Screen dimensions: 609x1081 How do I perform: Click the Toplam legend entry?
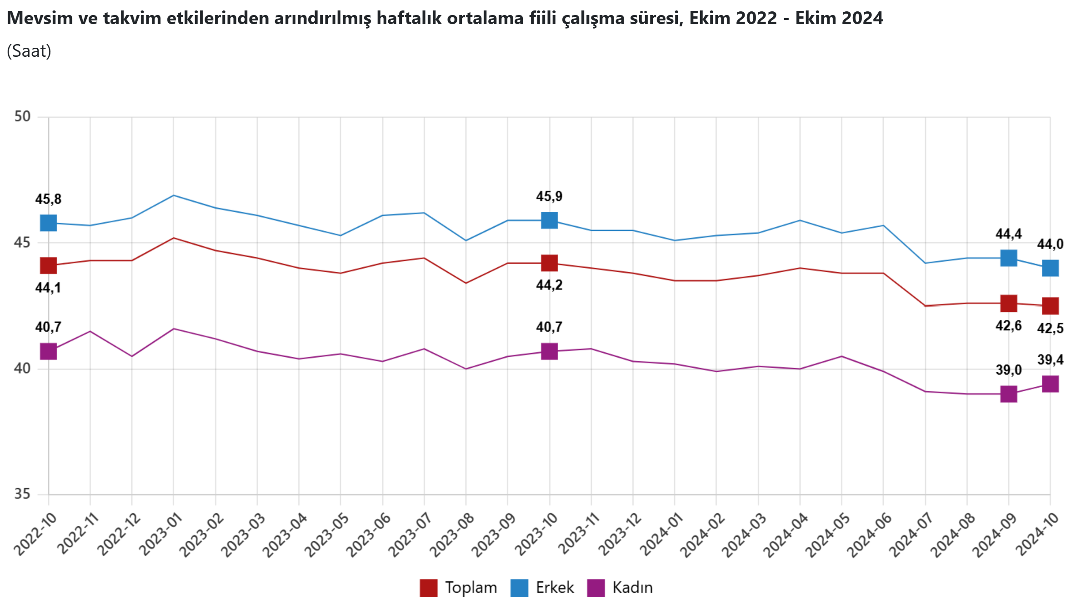(458, 588)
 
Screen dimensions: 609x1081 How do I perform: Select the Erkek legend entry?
(542, 588)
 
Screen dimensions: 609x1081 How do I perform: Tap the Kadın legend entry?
(620, 588)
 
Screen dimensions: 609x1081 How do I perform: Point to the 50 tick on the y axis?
(22, 117)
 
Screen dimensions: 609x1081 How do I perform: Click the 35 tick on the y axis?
(22, 494)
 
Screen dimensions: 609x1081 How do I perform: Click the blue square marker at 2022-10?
(49, 223)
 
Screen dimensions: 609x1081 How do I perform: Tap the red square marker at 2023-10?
(549, 263)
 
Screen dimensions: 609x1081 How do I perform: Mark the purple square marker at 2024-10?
(1050, 384)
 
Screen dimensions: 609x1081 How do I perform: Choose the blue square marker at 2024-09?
(1009, 258)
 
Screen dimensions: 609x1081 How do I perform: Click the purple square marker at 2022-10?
(49, 351)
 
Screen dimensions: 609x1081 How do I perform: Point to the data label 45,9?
(549, 196)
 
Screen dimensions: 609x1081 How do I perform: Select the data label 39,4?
(1050, 360)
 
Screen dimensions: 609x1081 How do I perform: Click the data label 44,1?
(48, 288)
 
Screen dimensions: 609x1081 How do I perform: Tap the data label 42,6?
(1008, 326)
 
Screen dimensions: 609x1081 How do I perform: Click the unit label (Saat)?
(29, 51)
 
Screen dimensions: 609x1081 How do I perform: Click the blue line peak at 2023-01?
(174, 195)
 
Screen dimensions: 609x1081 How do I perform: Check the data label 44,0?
(1050, 245)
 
